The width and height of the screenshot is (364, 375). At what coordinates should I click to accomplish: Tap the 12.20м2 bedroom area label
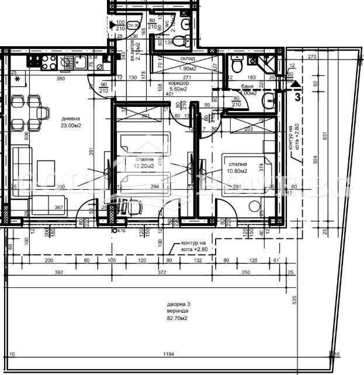(x=143, y=166)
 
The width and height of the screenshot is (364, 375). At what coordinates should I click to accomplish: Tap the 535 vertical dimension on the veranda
(x=295, y=300)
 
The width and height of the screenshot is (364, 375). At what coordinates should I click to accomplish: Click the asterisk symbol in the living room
(x=18, y=79)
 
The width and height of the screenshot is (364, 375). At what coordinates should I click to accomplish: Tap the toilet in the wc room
(x=185, y=24)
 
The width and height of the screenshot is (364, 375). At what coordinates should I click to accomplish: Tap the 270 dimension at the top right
(x=311, y=57)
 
